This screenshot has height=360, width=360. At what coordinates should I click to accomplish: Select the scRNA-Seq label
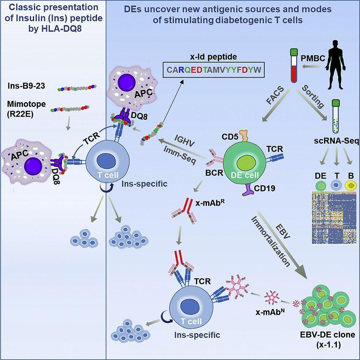pos(338,141)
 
